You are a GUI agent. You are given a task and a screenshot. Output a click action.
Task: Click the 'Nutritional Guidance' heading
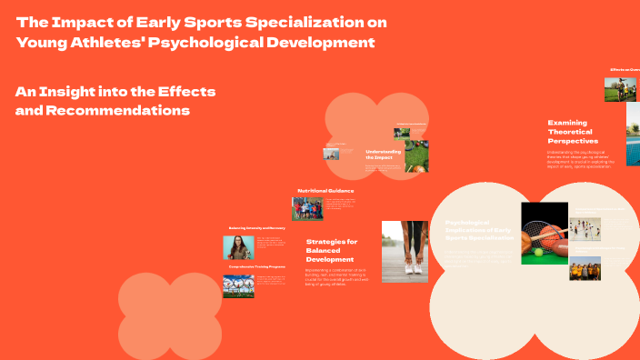click(x=325, y=190)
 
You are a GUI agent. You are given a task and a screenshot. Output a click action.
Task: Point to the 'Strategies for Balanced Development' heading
click(x=332, y=250)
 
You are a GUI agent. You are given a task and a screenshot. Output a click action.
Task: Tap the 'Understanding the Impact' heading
click(x=383, y=155)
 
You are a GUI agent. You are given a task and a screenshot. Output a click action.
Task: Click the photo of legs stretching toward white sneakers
click(x=405, y=251)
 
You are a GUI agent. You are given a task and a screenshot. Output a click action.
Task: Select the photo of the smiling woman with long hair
click(x=238, y=247)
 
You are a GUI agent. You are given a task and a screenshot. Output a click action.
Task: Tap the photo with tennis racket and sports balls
click(x=544, y=233)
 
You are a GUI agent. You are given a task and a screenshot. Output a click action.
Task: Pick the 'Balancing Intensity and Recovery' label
click(x=258, y=228)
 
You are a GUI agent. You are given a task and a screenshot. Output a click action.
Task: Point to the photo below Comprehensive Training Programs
click(x=238, y=286)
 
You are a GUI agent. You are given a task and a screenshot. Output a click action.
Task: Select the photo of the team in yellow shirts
click(x=585, y=268)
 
